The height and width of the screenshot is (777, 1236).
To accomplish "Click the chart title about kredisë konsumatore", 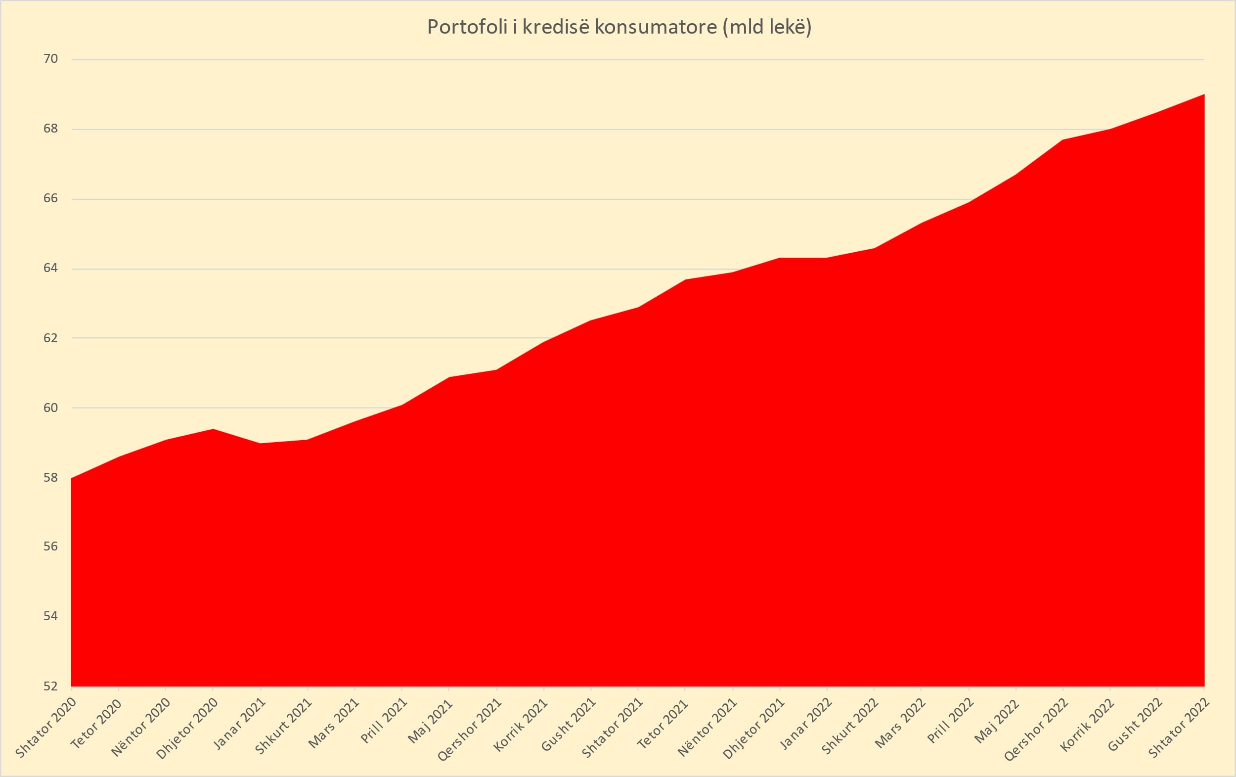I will click(619, 27).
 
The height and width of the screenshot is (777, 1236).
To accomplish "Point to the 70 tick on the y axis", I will click(50, 59).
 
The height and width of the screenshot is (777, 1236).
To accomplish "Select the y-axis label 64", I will click(50, 269).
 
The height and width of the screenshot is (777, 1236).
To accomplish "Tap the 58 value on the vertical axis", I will click(50, 478).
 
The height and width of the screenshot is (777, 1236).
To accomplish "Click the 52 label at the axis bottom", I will click(50, 686).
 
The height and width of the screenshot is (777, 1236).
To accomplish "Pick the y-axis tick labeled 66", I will click(50, 199).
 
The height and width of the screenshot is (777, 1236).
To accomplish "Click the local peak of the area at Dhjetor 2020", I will click(213, 429).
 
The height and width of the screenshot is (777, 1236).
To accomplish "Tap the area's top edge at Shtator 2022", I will click(1204, 95).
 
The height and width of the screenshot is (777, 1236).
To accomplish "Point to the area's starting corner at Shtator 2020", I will click(72, 479).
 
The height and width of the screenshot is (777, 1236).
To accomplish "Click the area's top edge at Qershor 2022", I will click(1062, 140).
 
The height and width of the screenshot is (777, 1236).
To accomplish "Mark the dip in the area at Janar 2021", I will click(260, 444).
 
